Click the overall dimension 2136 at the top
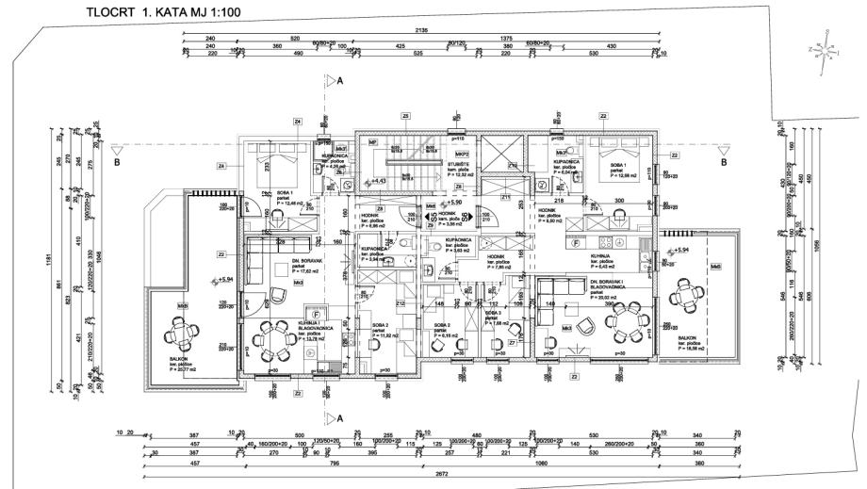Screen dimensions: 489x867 click(421, 30)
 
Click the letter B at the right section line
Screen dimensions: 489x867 click(723, 162)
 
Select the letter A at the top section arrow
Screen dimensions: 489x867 click(340, 83)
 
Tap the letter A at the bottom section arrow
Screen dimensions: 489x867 click(340, 416)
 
